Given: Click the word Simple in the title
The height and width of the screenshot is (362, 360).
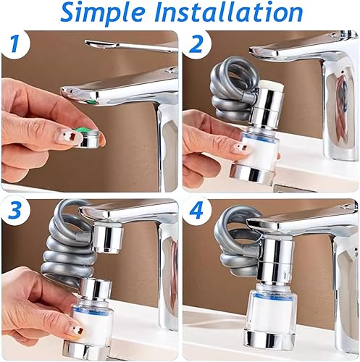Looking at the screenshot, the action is [x=102, y=12].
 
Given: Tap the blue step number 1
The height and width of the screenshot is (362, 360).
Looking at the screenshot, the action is [x=15, y=44].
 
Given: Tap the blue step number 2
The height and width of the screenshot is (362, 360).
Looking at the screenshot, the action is [x=196, y=44].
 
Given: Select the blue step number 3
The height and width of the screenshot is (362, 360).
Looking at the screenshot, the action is [x=15, y=211].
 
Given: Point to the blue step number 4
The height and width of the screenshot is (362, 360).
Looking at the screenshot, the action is [x=196, y=211].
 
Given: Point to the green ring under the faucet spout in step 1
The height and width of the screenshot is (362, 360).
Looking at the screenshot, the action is [x=91, y=101].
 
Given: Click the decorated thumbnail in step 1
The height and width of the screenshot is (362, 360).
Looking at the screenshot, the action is [x=67, y=135].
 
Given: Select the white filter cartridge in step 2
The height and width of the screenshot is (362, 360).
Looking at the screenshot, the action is [x=260, y=147].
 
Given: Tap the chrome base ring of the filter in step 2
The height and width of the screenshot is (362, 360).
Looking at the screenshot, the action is [x=253, y=174].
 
